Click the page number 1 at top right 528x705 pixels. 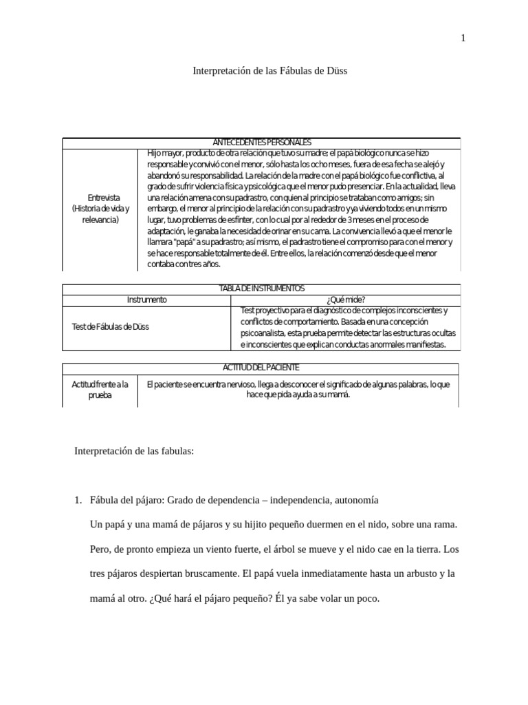pyautogui.click(x=463, y=39)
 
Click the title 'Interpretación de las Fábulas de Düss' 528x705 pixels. pyautogui.click(x=263, y=70)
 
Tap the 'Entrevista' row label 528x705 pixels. pyautogui.click(x=100, y=198)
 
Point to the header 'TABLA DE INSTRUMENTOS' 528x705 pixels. pyautogui.click(x=261, y=288)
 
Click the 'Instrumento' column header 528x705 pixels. pyautogui.click(x=146, y=299)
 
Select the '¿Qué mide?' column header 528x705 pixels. pyautogui.click(x=346, y=299)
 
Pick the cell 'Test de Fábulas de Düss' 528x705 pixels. pyautogui.click(x=110, y=327)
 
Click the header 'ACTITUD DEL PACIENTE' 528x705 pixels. pyautogui.click(x=261, y=368)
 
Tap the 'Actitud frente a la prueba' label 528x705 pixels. pyautogui.click(x=100, y=390)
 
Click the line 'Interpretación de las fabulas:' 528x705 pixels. pyautogui.click(x=134, y=452)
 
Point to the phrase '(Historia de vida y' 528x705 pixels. pyautogui.click(x=100, y=209)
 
